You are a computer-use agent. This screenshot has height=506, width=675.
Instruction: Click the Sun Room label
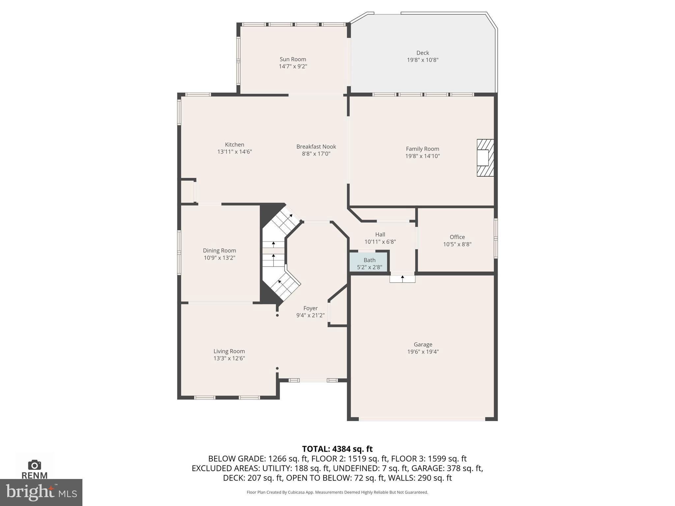pos(293,59)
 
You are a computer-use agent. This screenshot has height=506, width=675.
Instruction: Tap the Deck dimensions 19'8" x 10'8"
pos(423,60)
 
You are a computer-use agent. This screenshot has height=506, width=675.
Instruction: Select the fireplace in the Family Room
pos(485,158)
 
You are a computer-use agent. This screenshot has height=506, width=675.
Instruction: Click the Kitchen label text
pos(234,145)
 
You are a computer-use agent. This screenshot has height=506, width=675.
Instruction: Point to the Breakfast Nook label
pos(316,147)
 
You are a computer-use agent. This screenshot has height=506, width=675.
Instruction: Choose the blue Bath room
pos(369,262)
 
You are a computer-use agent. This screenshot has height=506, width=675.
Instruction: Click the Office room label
pos(457,237)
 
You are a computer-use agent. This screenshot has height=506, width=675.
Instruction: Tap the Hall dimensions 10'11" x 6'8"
pos(380,242)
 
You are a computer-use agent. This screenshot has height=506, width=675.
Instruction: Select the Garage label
pos(423,345)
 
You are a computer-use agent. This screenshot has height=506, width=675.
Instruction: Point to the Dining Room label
pos(219,251)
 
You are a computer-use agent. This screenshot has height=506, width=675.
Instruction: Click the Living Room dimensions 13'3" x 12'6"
pos(229,358)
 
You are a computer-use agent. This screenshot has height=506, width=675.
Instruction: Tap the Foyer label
pos(310,308)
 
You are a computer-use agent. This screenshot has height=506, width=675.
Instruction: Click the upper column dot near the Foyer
pos(277,315)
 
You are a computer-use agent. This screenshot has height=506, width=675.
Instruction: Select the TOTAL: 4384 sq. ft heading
pos(337,449)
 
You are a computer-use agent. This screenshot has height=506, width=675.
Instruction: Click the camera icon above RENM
pos(34,465)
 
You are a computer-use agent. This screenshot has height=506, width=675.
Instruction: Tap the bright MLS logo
pos(41,492)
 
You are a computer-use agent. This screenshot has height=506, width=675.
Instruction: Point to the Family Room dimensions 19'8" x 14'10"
pos(423,156)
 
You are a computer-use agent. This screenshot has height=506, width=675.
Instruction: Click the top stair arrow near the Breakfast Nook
pos(290,216)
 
